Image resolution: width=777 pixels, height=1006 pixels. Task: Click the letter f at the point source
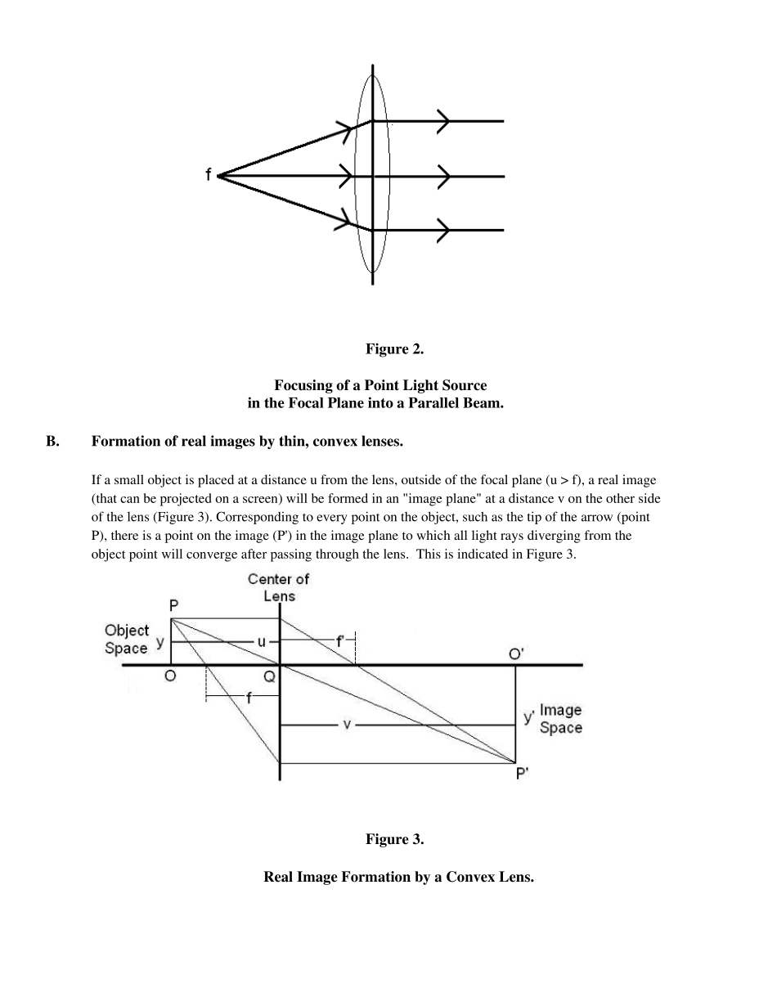point(209,174)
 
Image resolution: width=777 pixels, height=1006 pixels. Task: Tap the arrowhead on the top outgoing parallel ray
point(444,121)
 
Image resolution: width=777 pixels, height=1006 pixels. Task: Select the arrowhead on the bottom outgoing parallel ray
point(444,231)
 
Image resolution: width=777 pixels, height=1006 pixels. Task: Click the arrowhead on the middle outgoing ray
point(444,176)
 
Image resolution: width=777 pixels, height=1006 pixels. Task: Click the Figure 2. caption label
point(394,349)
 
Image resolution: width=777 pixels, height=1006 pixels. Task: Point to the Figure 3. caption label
point(394,839)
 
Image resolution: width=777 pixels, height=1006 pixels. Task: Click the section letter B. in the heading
point(52,442)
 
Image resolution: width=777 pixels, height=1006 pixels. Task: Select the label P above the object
point(174,606)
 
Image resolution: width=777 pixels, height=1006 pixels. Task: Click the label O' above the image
point(516,653)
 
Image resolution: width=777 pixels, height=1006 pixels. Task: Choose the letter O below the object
point(170,676)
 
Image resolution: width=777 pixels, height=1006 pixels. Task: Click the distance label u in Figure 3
point(262,642)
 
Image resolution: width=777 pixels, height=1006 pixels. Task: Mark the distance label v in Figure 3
point(347,725)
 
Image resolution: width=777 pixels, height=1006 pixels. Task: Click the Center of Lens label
point(279,587)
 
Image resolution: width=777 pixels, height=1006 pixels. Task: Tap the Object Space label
point(127,640)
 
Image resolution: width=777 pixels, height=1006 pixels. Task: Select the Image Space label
point(561,719)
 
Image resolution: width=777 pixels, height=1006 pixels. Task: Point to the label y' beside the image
point(529,717)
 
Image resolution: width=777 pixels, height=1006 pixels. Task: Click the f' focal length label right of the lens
point(341,642)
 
